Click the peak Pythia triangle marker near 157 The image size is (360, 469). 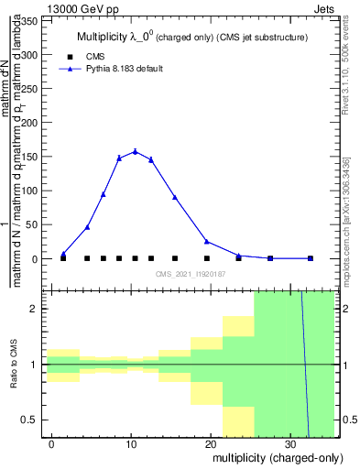coord(135,151)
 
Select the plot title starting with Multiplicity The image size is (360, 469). coord(191,38)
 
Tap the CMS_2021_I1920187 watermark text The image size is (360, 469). coord(190,274)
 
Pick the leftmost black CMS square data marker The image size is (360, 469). coord(63,258)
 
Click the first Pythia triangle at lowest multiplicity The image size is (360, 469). coord(63,254)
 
